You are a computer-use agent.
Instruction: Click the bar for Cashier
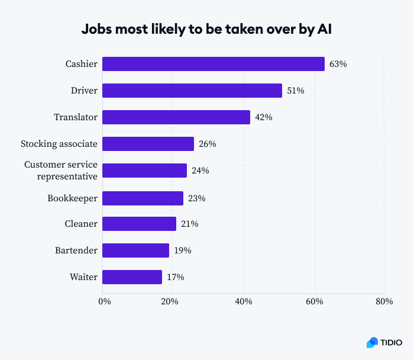pyautogui.click(x=213, y=64)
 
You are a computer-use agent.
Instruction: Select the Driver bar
pyautogui.click(x=192, y=91)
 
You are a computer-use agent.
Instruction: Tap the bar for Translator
pyautogui.click(x=176, y=117)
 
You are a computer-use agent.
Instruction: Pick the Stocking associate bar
pyautogui.click(x=148, y=144)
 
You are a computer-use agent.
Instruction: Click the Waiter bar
pyautogui.click(x=132, y=277)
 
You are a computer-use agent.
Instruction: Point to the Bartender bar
pyautogui.click(x=135, y=250)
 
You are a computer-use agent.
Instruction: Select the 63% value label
pyautogui.click(x=338, y=64)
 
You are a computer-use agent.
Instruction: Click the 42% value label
pyautogui.click(x=263, y=117)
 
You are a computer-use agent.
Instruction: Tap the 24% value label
pyautogui.click(x=200, y=171)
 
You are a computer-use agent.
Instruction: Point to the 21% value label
pyautogui.click(x=189, y=224)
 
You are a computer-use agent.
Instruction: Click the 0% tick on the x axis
pyautogui.click(x=104, y=302)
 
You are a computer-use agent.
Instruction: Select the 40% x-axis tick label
pyautogui.click(x=244, y=302)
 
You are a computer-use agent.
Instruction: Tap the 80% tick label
pyautogui.click(x=384, y=302)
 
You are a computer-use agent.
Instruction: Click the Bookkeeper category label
pyautogui.click(x=72, y=198)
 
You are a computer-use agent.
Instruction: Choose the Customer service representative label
pyautogui.click(x=60, y=171)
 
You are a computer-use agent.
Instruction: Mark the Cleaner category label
pyautogui.click(x=80, y=224)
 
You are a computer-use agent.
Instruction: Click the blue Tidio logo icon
pyautogui.click(x=372, y=342)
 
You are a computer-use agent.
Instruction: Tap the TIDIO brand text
pyautogui.click(x=391, y=342)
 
